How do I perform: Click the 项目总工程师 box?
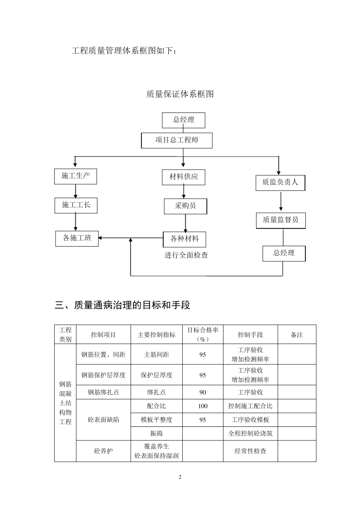point(177,140)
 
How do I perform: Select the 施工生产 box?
point(75,176)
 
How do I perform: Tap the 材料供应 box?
point(183,177)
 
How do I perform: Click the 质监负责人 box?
point(280,183)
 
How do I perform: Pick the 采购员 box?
point(185,206)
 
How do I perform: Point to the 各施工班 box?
point(77,238)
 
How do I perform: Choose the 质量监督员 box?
point(281,220)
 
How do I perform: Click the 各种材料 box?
point(185,239)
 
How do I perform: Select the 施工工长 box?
point(76,205)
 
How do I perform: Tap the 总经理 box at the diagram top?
point(183,120)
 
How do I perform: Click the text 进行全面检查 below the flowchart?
point(186,255)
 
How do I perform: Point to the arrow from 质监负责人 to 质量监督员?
point(281,201)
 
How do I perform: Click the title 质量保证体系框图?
point(180,94)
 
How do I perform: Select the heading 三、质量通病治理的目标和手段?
point(122,305)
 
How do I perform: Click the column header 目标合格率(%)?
point(203,334)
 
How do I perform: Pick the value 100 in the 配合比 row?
point(203,406)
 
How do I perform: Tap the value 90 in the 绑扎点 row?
point(203,392)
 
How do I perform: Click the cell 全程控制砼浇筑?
point(250,433)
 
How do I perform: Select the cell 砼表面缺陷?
point(103,420)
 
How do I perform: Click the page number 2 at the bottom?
point(180,477)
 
